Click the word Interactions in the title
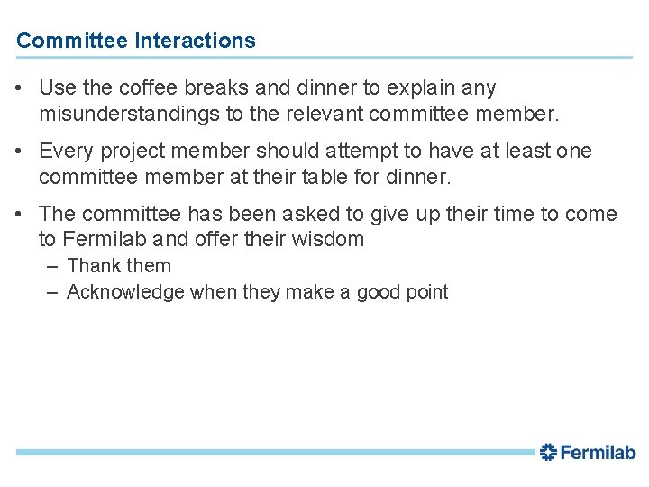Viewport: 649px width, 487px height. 195,41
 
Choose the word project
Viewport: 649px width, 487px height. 127,152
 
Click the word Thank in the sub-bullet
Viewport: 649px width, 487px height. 94,266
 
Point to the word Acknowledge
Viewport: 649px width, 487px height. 125,292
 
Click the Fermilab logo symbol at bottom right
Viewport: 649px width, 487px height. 549,452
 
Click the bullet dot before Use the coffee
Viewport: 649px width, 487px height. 20,88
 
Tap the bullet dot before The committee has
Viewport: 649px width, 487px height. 20,215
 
